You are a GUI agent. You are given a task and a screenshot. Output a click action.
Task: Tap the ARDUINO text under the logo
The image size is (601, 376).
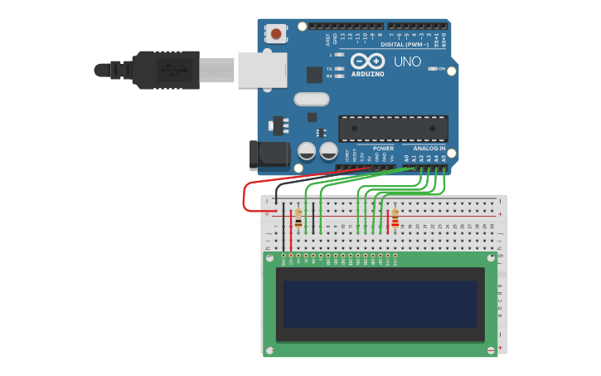click(368, 73)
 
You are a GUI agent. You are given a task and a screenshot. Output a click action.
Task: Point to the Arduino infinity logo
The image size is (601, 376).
click(368, 61)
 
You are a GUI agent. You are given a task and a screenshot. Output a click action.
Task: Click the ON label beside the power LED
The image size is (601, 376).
click(442, 68)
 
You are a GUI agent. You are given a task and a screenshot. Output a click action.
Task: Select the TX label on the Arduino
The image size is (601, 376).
click(329, 68)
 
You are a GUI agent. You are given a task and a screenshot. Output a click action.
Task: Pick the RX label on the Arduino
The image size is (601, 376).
click(329, 76)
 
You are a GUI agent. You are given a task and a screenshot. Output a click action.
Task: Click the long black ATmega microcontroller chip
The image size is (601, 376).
click(393, 128)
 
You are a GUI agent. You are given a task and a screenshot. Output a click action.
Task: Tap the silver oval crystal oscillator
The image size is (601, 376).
click(312, 99)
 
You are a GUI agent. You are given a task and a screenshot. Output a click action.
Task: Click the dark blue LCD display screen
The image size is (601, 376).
click(380, 304)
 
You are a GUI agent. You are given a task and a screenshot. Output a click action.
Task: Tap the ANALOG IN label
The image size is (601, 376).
click(429, 148)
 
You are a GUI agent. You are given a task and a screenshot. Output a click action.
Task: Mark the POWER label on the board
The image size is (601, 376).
click(383, 148)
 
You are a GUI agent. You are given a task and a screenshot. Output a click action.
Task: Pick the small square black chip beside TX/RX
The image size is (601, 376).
click(314, 75)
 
